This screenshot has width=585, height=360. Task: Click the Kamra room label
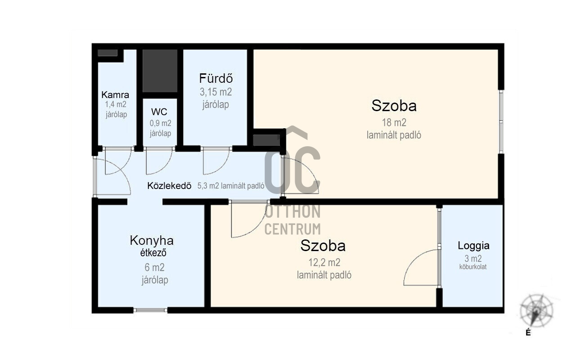click(x=115, y=94)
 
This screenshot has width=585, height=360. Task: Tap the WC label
click(x=159, y=112)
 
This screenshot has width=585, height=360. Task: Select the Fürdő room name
click(x=216, y=78)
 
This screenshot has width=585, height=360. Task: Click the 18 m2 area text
click(x=394, y=122)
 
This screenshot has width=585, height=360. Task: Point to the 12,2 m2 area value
click(x=324, y=262)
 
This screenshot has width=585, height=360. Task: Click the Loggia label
click(x=473, y=246)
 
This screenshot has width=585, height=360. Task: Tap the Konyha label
click(x=152, y=241)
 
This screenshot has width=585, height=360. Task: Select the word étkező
click(x=153, y=253)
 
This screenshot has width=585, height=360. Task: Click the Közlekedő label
click(x=169, y=186)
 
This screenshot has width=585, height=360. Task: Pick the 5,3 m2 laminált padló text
click(x=230, y=186)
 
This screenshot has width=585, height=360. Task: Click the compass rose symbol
click(x=536, y=310)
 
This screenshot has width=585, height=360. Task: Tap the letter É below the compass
click(x=528, y=333)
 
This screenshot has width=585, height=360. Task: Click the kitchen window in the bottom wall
click(x=150, y=310)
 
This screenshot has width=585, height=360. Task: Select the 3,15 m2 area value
click(x=216, y=92)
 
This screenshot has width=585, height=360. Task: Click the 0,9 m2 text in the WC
click(x=160, y=123)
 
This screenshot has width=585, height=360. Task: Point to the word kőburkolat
click(x=473, y=267)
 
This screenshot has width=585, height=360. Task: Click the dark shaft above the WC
click(x=160, y=71)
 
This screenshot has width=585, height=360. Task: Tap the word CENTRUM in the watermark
click(x=292, y=229)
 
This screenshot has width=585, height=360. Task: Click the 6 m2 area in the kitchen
click(x=155, y=267)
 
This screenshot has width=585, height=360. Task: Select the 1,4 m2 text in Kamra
click(x=116, y=104)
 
